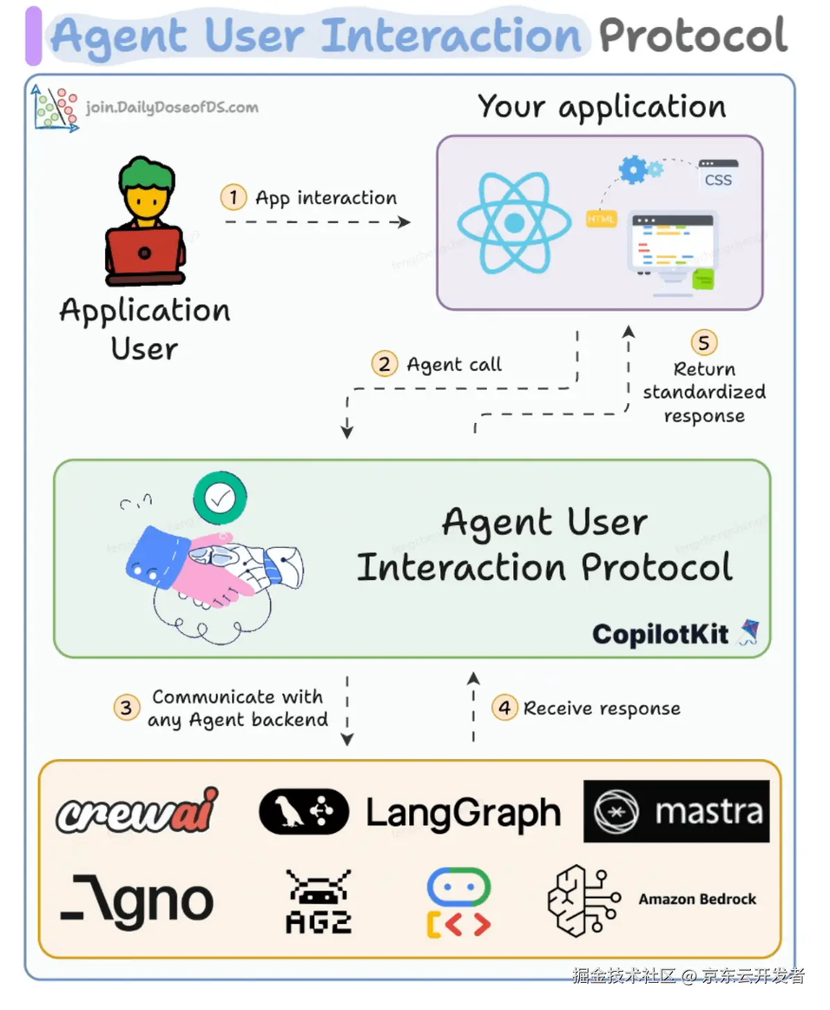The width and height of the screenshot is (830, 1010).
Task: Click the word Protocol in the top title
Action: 692,36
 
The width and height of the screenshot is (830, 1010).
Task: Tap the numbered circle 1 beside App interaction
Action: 233,197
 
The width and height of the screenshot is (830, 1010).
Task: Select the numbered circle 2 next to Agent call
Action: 384,363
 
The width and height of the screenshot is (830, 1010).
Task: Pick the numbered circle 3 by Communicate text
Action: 127,708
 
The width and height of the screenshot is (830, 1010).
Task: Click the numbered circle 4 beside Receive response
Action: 504,708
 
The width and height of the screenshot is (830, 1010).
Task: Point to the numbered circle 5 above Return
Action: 703,342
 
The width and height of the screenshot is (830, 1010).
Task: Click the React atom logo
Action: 514,223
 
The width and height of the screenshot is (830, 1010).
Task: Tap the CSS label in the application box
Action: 718,180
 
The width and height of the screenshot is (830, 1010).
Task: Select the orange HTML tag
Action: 601,220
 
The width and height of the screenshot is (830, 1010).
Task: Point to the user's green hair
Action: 145,172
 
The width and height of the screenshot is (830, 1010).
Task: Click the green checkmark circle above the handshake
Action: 220,498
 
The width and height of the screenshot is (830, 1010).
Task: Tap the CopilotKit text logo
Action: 662,634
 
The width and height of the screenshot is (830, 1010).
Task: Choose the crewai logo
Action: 137,812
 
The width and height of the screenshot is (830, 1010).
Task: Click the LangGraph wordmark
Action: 463,813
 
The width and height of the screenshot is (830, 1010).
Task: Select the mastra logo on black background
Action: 676,811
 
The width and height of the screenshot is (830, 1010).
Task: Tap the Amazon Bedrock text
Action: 697,899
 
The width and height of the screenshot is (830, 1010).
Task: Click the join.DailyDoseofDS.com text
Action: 172,108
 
